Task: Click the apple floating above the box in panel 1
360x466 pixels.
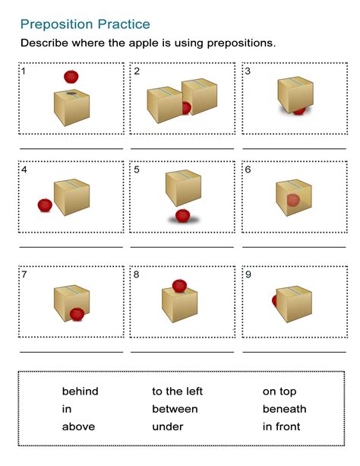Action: pyautogui.click(x=71, y=77)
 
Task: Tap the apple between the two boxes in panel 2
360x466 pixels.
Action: pyautogui.click(x=187, y=108)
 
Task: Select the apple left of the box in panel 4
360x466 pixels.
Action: pyautogui.click(x=45, y=205)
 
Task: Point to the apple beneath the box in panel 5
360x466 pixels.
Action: pyautogui.click(x=183, y=215)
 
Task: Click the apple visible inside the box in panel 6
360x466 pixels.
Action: pyautogui.click(x=293, y=200)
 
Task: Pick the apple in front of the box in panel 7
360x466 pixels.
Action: pyautogui.click(x=77, y=314)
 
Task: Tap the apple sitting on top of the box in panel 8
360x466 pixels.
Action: pyautogui.click(x=179, y=286)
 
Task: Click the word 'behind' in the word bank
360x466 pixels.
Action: pyautogui.click(x=81, y=391)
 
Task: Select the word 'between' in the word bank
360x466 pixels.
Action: pyautogui.click(x=175, y=409)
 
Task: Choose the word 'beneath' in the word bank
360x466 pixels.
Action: pyautogui.click(x=284, y=409)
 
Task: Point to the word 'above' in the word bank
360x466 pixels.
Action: pyautogui.click(x=78, y=426)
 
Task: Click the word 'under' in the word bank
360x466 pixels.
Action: pyautogui.click(x=168, y=426)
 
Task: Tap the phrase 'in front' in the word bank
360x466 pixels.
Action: pyautogui.click(x=281, y=426)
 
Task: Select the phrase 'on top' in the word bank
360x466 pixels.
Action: pyautogui.click(x=279, y=392)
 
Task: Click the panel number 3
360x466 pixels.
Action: pyautogui.click(x=248, y=71)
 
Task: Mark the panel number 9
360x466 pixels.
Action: pyautogui.click(x=248, y=274)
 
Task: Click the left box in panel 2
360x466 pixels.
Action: pyautogui.click(x=165, y=105)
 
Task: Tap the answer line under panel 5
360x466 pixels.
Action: pyautogui.click(x=182, y=246)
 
